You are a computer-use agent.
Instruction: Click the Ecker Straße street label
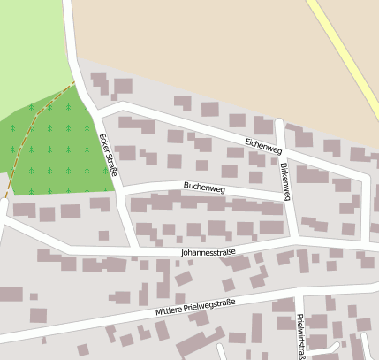pyautogui.click(x=108, y=153)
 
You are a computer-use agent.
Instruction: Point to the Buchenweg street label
pyautogui.click(x=204, y=188)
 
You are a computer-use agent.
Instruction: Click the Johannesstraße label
pyautogui.click(x=208, y=252)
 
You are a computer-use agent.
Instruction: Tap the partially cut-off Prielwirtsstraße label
pyautogui.click(x=301, y=337)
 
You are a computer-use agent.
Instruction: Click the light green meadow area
pyautogui.click(x=31, y=44)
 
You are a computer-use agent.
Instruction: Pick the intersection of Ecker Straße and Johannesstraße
pyautogui.click(x=134, y=249)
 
